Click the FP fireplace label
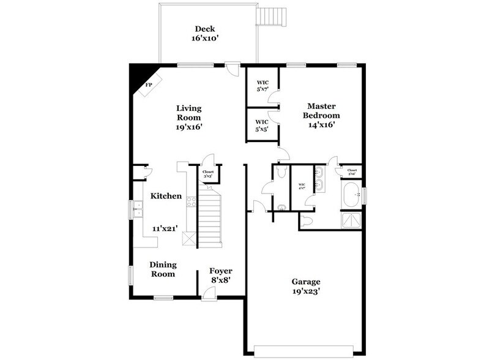[147, 86]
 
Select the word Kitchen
[166, 196]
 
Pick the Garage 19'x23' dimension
[305, 291]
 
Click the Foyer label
[220, 271]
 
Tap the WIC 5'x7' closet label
[263, 86]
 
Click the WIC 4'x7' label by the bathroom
[301, 187]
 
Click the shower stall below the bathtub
[352, 220]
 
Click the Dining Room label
[163, 269]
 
